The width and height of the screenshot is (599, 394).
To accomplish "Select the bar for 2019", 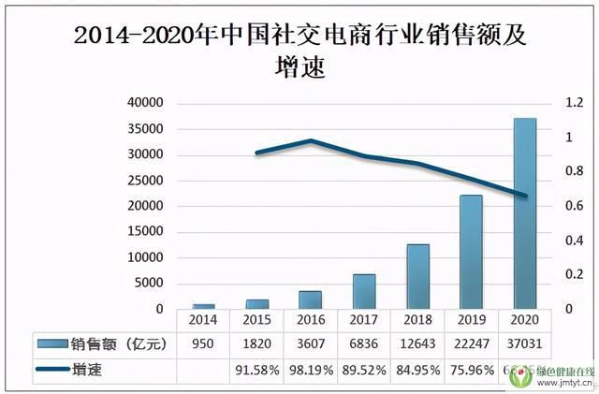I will pos(471,252).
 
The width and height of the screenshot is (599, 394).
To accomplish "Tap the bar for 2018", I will pos(417,276).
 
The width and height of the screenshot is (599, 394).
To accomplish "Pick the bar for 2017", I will pos(364,291).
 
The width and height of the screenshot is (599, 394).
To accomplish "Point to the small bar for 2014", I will pos(204,306).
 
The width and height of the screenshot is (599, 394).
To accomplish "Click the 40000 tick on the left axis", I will pos(145,103).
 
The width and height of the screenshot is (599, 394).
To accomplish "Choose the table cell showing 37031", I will pos(524,344).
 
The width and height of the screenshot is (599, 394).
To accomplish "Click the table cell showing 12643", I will pos(417,344).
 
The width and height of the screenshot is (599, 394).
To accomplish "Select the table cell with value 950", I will pos(204,344).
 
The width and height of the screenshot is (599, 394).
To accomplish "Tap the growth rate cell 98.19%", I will pos(311,370).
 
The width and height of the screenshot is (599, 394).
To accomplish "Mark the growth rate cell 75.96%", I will pos(471,370).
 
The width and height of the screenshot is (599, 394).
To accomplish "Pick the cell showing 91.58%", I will pos(257,370).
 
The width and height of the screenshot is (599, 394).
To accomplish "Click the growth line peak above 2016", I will pos(311,140).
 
